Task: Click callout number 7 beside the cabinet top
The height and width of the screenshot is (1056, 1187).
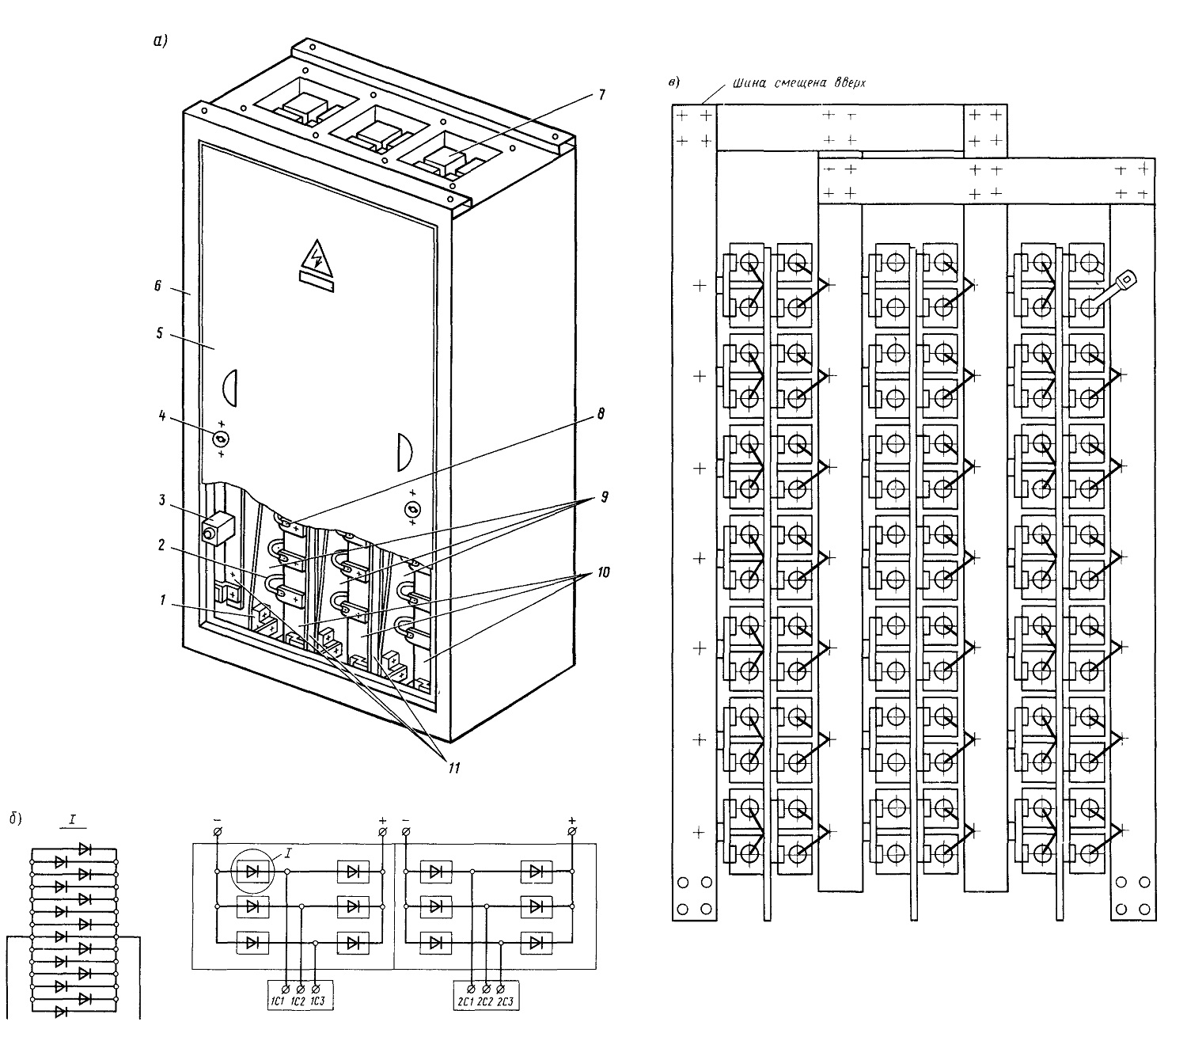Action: [601, 95]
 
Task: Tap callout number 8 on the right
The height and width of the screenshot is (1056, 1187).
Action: [601, 414]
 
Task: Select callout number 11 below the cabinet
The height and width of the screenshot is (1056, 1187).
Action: [454, 767]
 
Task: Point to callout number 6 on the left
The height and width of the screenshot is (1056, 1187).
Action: [157, 287]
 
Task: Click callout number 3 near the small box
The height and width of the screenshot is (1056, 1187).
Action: [161, 500]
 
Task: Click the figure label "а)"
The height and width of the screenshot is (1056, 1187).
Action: [160, 41]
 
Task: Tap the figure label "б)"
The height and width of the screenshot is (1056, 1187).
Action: [15, 818]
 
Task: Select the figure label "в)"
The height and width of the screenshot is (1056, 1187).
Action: [674, 82]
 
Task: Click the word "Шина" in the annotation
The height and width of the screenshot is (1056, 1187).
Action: [749, 83]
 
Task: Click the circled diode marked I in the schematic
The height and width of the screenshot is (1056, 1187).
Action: [253, 872]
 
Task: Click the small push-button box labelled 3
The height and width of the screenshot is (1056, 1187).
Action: [217, 529]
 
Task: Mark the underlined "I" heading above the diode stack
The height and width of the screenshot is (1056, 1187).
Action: [73, 820]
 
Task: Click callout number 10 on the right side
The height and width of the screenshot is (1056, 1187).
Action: [603, 572]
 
